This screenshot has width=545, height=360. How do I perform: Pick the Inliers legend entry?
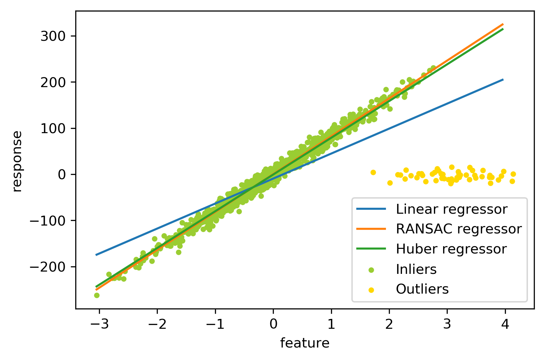[416, 270]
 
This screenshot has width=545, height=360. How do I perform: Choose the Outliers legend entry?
[422, 289]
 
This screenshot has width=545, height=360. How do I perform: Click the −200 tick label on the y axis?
[49, 267]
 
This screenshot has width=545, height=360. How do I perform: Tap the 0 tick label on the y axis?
[62, 175]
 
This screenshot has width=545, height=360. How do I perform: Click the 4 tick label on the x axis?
[505, 324]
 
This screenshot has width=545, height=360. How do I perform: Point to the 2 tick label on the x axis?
[389, 324]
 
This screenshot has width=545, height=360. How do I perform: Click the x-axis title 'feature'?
[305, 343]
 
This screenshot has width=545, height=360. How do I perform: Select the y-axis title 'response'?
[17, 161]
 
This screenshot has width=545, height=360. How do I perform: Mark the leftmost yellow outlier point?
[373, 172]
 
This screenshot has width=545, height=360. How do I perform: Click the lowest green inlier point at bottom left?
[97, 295]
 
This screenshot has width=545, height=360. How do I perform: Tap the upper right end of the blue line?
[503, 80]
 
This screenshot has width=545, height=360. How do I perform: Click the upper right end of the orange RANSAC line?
[503, 24]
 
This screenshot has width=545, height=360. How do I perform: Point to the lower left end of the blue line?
[96, 255]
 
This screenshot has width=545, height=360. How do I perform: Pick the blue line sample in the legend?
[371, 209]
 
